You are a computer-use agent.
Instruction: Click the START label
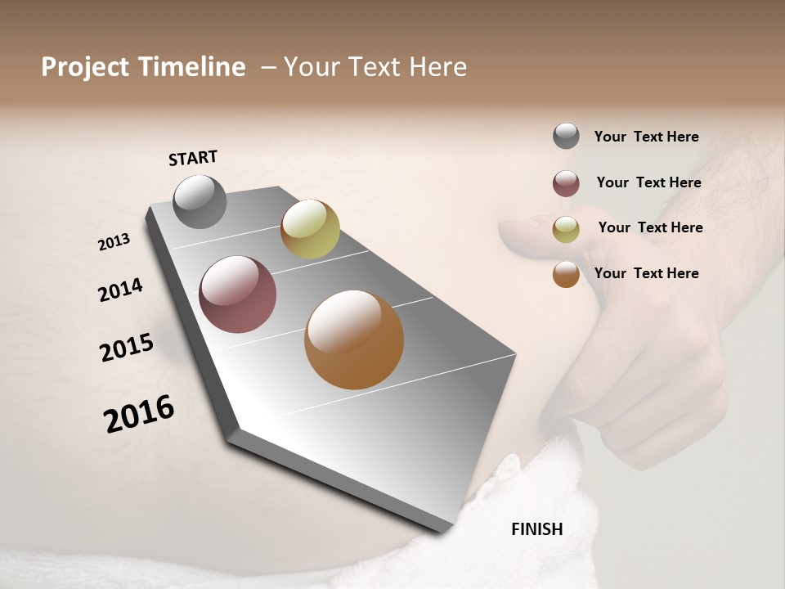pyautogui.click(x=193, y=158)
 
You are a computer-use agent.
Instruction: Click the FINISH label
pyautogui.click(x=536, y=529)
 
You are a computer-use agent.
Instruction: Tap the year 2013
pyautogui.click(x=114, y=242)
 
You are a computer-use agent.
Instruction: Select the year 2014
pyautogui.click(x=120, y=290)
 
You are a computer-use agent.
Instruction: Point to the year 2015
pyautogui.click(x=127, y=348)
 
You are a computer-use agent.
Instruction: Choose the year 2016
pyautogui.click(x=139, y=414)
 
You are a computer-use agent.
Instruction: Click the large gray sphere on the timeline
pyautogui.click(x=200, y=202)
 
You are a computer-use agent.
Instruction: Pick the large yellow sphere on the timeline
pyautogui.click(x=310, y=229)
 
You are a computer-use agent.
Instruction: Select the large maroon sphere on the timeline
pyautogui.click(x=237, y=294)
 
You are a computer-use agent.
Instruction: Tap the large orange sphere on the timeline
pyautogui.click(x=353, y=339)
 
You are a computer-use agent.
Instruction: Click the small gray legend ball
pyautogui.click(x=566, y=137)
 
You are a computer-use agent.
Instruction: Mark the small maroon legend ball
pyautogui.click(x=566, y=183)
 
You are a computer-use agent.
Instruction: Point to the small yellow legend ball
pyautogui.click(x=566, y=229)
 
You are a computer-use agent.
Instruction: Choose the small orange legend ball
pyautogui.click(x=566, y=274)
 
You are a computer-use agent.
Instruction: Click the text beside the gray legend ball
pyautogui.click(x=646, y=137)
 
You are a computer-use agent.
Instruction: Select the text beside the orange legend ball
pyautogui.click(x=646, y=273)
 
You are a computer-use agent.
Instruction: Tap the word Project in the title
pyautogui.click(x=85, y=67)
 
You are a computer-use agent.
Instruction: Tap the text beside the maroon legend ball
pyautogui.click(x=648, y=182)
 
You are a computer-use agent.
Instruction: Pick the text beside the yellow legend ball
pyautogui.click(x=650, y=227)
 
